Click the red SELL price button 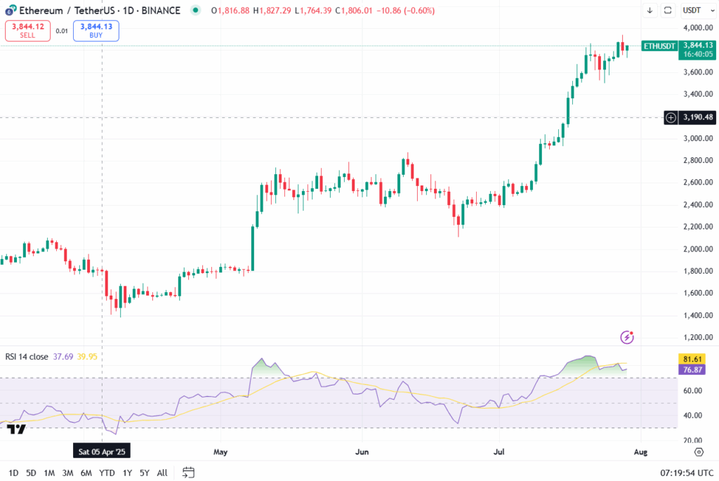27,30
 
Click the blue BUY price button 95,30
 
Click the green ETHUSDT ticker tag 659,46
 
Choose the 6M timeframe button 86,473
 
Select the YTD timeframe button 107,473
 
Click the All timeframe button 162,473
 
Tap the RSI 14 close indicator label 27,357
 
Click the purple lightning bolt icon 628,338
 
